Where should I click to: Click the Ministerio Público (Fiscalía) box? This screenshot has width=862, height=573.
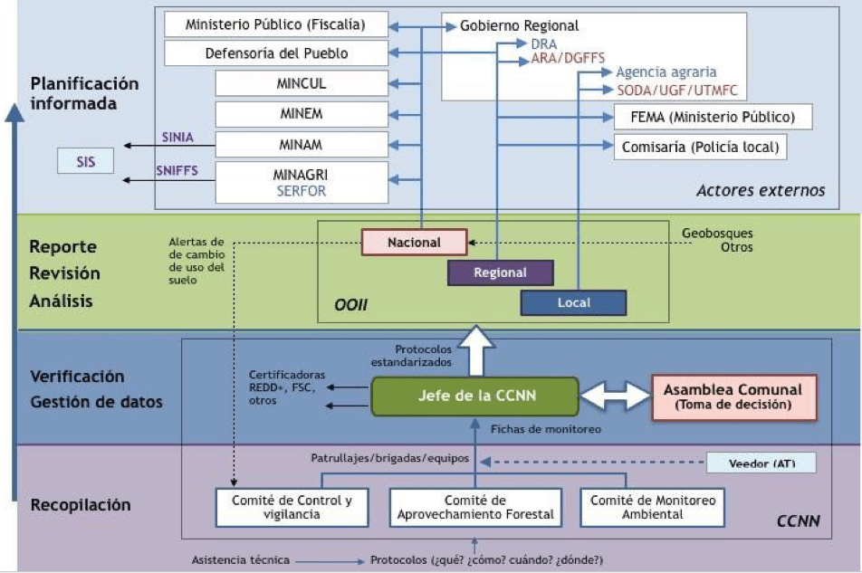tap(276, 24)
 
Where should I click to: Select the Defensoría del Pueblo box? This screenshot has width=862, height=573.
tap(276, 53)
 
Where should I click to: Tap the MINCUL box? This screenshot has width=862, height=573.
tap(302, 83)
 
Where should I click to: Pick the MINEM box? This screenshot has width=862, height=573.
tap(302, 114)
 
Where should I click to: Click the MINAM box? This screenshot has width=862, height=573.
tap(302, 144)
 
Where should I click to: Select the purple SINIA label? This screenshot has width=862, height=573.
tap(177, 138)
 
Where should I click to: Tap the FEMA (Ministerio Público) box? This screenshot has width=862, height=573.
tap(713, 117)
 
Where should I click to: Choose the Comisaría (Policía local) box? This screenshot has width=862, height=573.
tap(700, 147)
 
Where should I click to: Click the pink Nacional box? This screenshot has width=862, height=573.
tap(414, 243)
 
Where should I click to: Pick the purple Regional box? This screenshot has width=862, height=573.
tap(500, 272)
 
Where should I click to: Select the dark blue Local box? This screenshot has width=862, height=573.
tap(573, 302)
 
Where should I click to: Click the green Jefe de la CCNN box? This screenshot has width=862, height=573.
tap(474, 396)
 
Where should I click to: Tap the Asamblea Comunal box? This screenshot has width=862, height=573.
tap(733, 396)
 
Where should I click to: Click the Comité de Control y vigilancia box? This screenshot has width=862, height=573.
tap(284, 508)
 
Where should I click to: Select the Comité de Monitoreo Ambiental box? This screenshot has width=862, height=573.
tap(652, 508)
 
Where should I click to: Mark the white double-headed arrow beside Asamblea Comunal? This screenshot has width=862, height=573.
tap(615, 396)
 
